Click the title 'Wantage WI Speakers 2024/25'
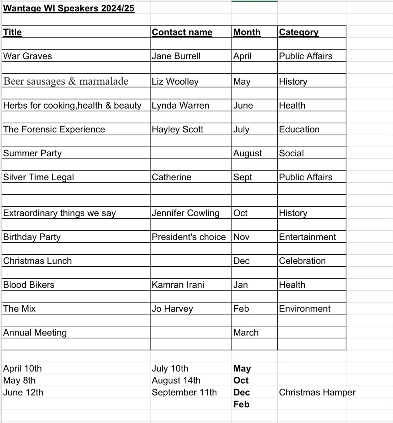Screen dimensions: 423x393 point(69,8)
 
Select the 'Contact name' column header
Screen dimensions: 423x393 point(182,32)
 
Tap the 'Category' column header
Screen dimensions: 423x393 point(299,32)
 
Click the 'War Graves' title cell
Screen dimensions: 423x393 point(28,56)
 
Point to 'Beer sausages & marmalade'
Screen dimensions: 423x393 point(66,81)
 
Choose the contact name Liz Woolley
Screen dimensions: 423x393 point(175,81)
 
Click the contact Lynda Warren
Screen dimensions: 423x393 point(180,105)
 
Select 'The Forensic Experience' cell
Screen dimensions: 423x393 point(54,129)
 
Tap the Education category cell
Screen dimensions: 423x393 point(299,129)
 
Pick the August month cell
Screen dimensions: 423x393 point(248,153)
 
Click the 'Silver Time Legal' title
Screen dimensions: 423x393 point(38,177)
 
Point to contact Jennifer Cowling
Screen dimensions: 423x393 point(185,213)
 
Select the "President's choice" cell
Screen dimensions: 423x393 point(189,237)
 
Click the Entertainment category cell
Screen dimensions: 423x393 point(307,237)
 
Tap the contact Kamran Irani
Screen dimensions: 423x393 point(178,285)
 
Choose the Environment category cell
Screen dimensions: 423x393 point(304,309)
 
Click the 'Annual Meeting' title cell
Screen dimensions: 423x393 point(35,333)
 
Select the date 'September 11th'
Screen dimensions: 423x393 point(184,392)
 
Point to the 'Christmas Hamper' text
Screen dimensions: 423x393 point(317,392)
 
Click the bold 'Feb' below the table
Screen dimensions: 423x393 point(241,404)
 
